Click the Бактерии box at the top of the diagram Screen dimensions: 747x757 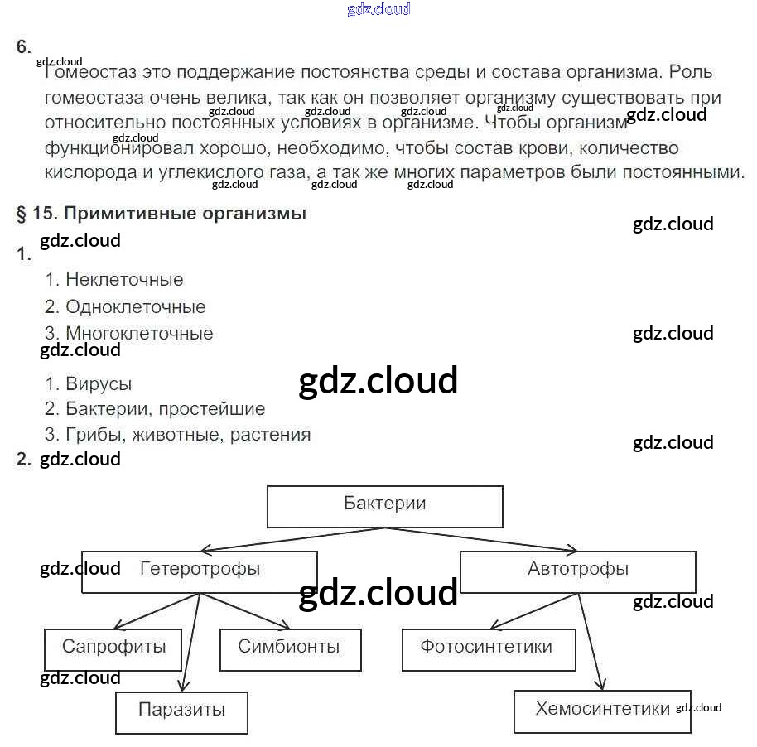[384, 506]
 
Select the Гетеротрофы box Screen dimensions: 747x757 [200, 571]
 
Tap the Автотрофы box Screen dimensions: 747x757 [577, 571]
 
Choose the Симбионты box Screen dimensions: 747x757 [290, 648]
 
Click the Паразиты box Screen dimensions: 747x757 [181, 711]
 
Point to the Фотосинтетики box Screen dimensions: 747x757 [488, 648]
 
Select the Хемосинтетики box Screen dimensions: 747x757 [602, 711]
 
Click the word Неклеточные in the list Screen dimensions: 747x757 [124, 280]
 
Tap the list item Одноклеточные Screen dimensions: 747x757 [135, 307]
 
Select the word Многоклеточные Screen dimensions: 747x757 [139, 334]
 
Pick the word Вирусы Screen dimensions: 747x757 [99, 384]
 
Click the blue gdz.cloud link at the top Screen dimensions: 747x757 [378, 10]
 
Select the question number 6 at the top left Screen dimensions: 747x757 [23, 47]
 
